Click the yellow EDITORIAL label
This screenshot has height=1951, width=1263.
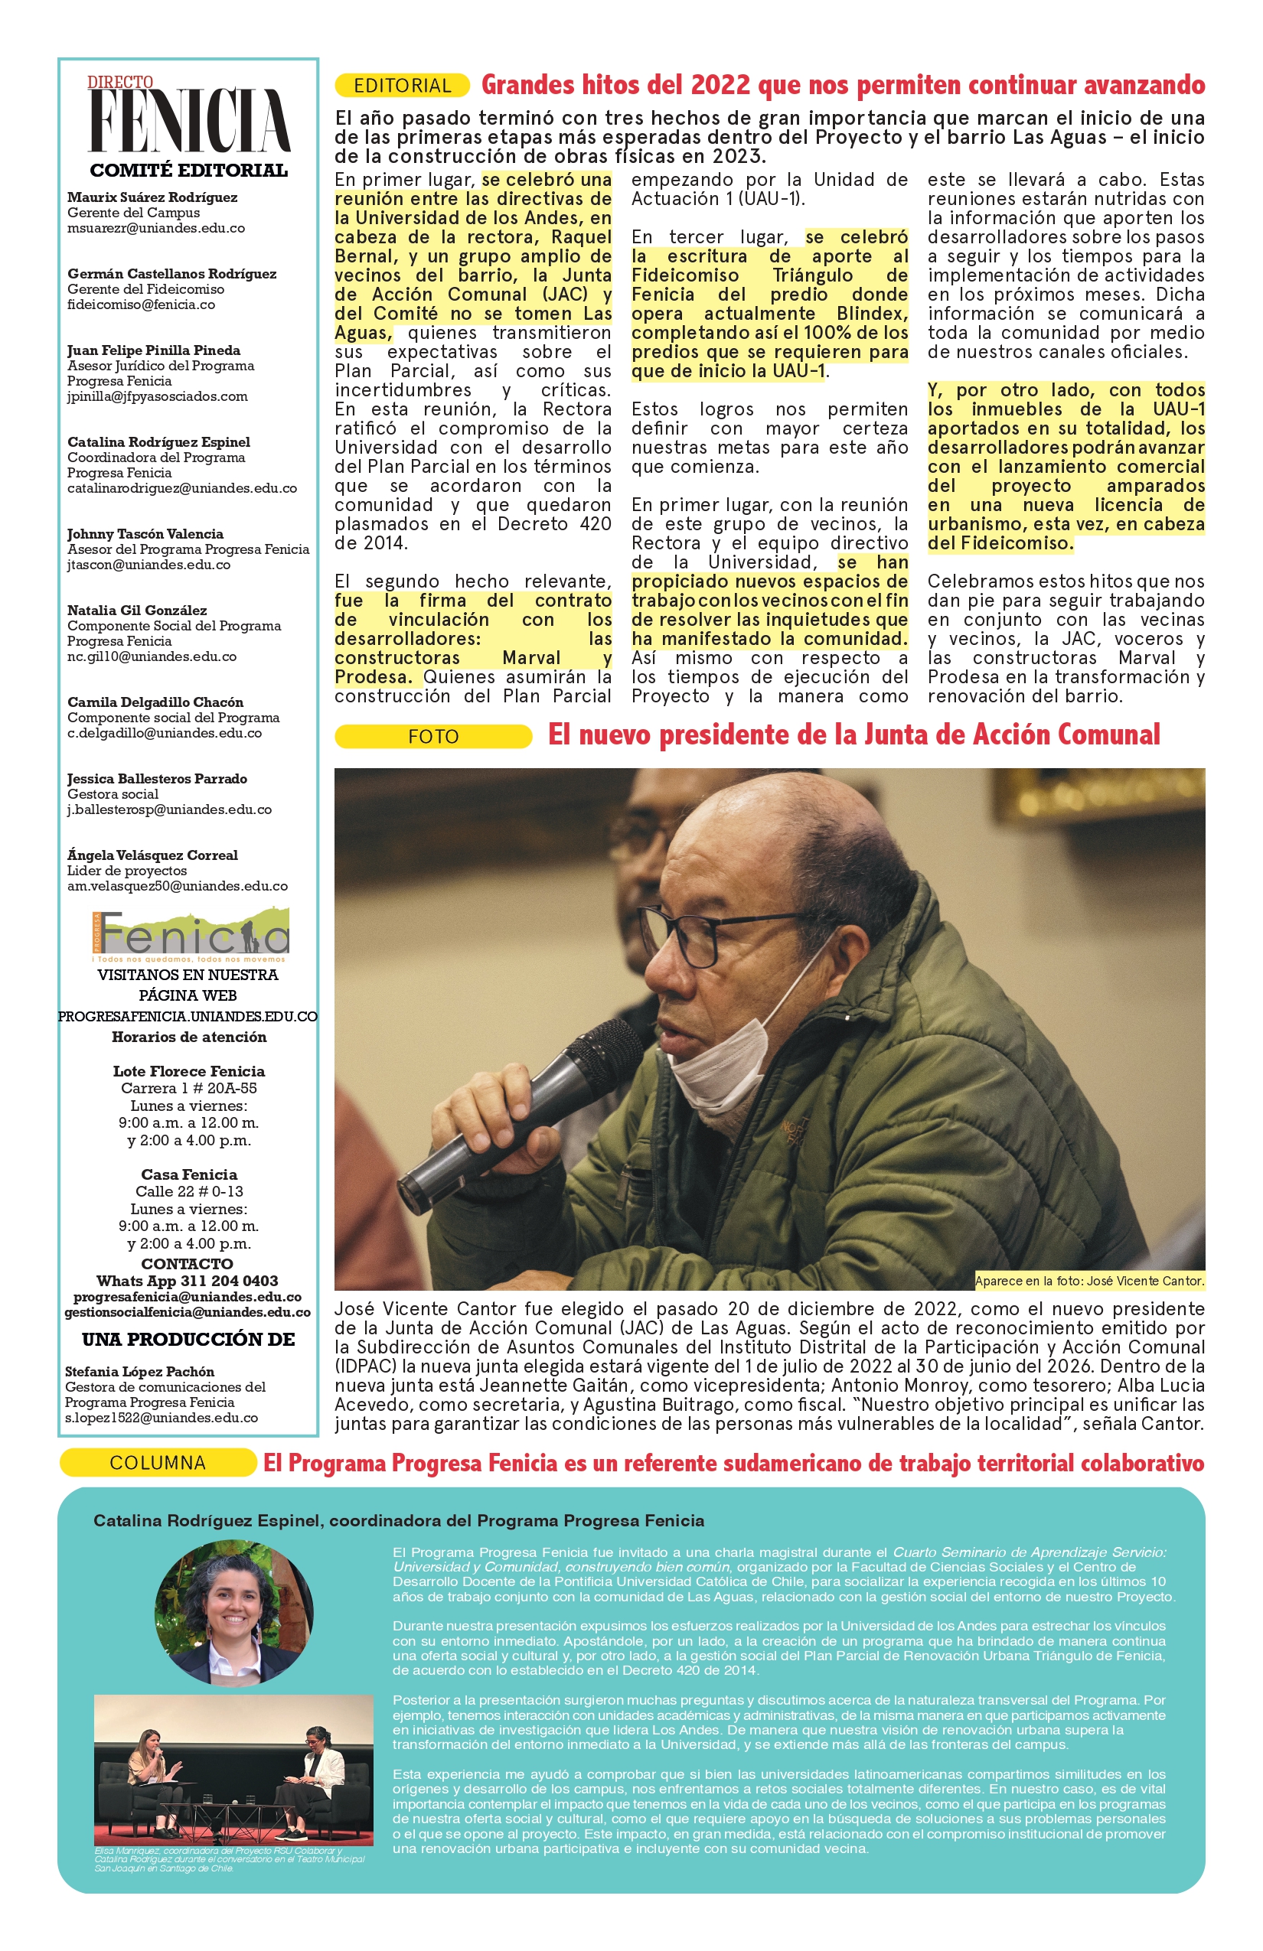click(402, 85)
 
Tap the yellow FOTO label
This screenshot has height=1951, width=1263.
click(433, 736)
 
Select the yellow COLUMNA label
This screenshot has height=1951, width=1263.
click(158, 1462)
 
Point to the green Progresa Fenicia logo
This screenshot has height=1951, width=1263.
click(191, 933)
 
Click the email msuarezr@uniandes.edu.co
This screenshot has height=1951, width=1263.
click(156, 228)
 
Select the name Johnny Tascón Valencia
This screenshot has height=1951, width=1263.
click(145, 534)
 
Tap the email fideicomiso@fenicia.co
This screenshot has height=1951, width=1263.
click(141, 305)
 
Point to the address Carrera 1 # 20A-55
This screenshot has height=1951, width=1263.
click(188, 1088)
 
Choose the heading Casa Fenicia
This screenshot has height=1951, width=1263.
click(188, 1174)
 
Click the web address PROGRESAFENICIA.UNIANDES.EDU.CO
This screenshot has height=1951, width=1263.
click(188, 1016)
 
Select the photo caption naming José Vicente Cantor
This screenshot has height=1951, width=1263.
click(1089, 1281)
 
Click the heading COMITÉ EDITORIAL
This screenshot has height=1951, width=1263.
click(188, 171)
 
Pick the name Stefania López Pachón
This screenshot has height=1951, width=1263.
click(139, 1371)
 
